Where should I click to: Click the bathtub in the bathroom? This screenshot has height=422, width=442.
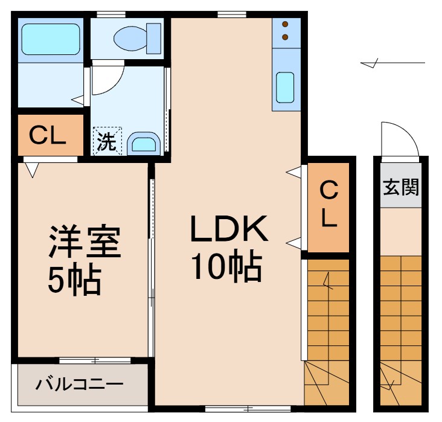click(x=51, y=39)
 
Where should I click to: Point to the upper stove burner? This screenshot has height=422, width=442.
click(x=286, y=25)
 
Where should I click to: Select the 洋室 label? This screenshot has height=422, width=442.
click(x=85, y=242)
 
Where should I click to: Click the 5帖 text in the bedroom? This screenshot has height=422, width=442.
click(x=74, y=279)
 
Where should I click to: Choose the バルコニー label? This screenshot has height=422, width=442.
click(x=78, y=384)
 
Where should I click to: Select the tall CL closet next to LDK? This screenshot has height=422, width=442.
click(x=328, y=206)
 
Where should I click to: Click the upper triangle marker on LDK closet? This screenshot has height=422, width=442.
click(x=293, y=173)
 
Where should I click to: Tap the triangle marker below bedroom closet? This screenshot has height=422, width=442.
click(x=33, y=168)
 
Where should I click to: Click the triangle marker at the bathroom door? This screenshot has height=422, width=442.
click(x=77, y=100)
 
